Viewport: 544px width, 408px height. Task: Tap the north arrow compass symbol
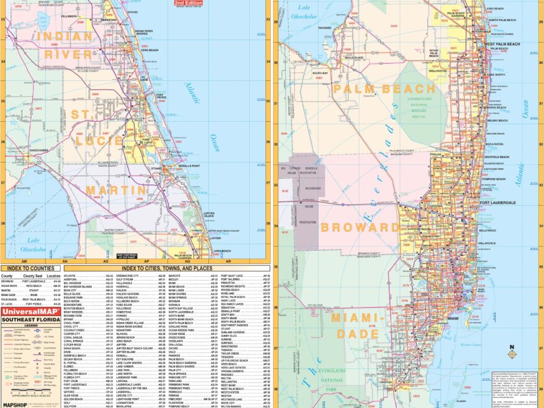click(x=512, y=354)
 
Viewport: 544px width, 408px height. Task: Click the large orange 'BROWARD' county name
click(x=360, y=227)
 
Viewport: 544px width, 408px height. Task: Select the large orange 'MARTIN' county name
click(x=116, y=189)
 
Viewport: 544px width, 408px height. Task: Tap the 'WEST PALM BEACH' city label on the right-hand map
click(x=503, y=45)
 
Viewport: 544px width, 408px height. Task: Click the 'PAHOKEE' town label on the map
click(x=325, y=27)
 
